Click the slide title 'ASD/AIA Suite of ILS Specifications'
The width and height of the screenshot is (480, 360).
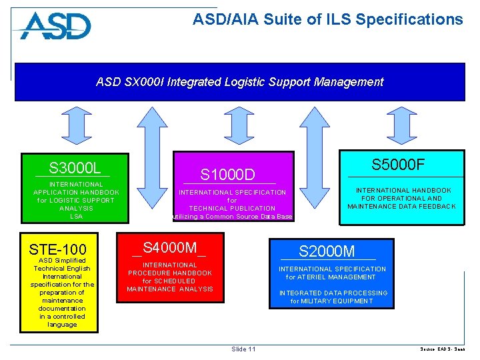pos(327,20)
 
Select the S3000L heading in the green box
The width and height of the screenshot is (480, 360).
pos(75,167)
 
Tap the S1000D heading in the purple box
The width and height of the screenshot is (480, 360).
pos(228,175)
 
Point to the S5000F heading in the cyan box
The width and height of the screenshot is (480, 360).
pos(398,165)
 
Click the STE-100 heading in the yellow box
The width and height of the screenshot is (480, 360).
pos(58,250)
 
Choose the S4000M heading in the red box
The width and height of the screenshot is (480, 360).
pos(169,248)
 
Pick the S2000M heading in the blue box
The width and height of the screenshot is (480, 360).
pos(327,251)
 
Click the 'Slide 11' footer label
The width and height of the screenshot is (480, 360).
pos(243,349)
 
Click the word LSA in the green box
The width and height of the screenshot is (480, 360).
pos(77,216)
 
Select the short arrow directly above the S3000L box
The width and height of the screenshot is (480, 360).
pos(75,125)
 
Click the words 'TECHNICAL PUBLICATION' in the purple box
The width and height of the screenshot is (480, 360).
pos(232,208)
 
